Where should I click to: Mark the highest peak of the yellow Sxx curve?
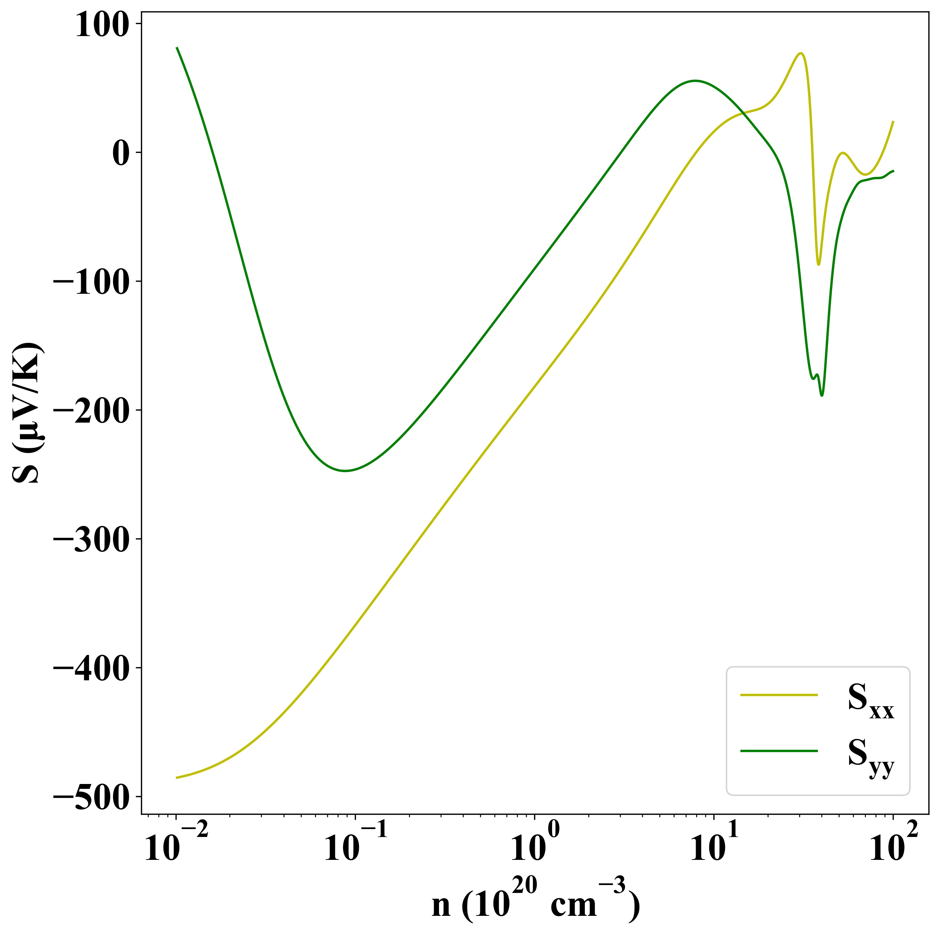[x=800, y=53]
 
